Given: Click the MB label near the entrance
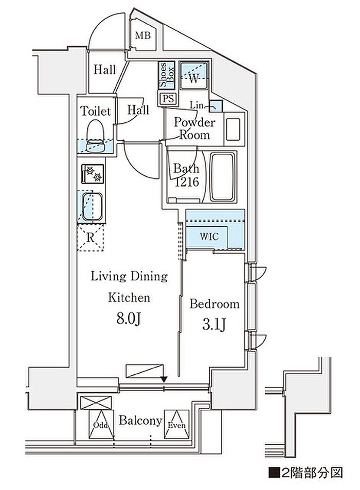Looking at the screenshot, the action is (x=143, y=35).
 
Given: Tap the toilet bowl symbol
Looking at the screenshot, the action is (x=95, y=136).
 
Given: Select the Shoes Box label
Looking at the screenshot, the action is (x=167, y=75).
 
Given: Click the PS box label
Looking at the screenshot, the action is (x=168, y=99).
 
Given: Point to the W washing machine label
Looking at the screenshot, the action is (x=194, y=79).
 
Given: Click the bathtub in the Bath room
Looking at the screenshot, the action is (x=222, y=177).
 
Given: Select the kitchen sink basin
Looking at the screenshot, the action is (x=92, y=206).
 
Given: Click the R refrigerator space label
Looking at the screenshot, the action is (x=90, y=238).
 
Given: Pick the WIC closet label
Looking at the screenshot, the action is (x=209, y=237).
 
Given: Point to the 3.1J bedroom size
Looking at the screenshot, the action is (x=214, y=324).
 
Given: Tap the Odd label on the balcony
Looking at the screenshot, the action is (x=101, y=425).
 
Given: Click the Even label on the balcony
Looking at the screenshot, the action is (x=176, y=425).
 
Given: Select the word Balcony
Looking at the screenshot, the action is (x=140, y=421).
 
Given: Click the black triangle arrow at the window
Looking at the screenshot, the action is (x=164, y=379).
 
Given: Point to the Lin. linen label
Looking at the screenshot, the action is (x=197, y=105).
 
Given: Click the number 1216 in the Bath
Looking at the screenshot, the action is (x=187, y=182).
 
